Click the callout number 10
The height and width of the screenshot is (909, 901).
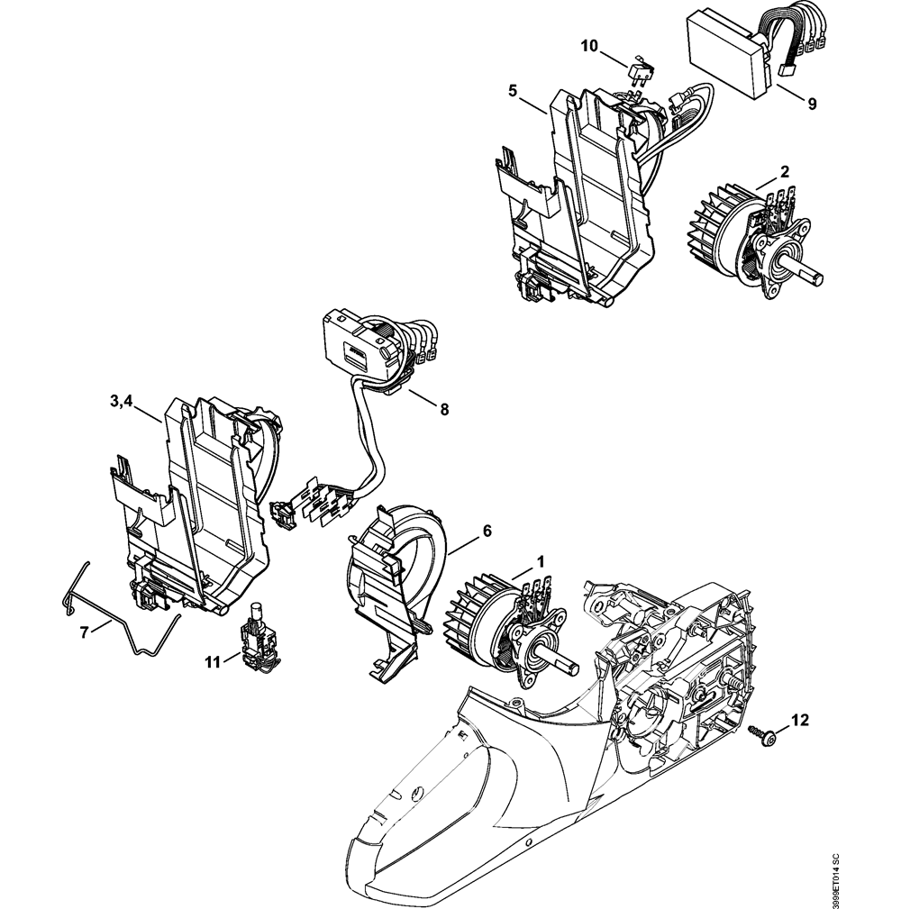tap(588, 45)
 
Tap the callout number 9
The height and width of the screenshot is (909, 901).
tap(812, 104)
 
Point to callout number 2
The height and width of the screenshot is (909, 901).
tap(785, 171)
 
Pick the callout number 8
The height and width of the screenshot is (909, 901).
tap(444, 408)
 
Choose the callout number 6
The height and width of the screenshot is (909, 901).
tap(487, 532)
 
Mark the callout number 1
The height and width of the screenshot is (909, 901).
tap(541, 560)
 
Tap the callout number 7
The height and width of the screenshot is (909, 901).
tap(84, 632)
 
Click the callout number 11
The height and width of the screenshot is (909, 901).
tap(213, 662)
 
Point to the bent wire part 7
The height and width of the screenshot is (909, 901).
tap(126, 622)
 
